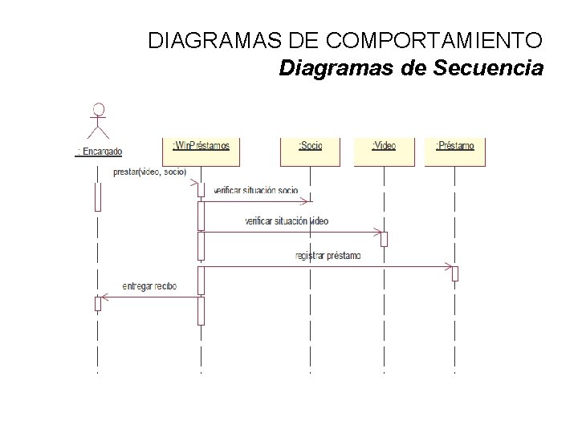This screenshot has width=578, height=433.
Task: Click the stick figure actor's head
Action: pos(98,109)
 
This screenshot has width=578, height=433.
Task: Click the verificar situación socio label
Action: pos(256,190)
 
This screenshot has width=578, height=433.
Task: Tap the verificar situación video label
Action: pos(287,221)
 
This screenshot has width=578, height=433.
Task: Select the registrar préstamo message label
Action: pos(328,256)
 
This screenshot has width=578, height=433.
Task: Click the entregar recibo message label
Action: pos(149,285)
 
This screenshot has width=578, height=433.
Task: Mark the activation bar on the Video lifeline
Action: pos(384,239)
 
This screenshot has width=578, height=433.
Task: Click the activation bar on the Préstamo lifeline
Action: pos(454,273)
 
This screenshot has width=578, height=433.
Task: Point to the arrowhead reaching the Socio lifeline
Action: pos(307,201)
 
